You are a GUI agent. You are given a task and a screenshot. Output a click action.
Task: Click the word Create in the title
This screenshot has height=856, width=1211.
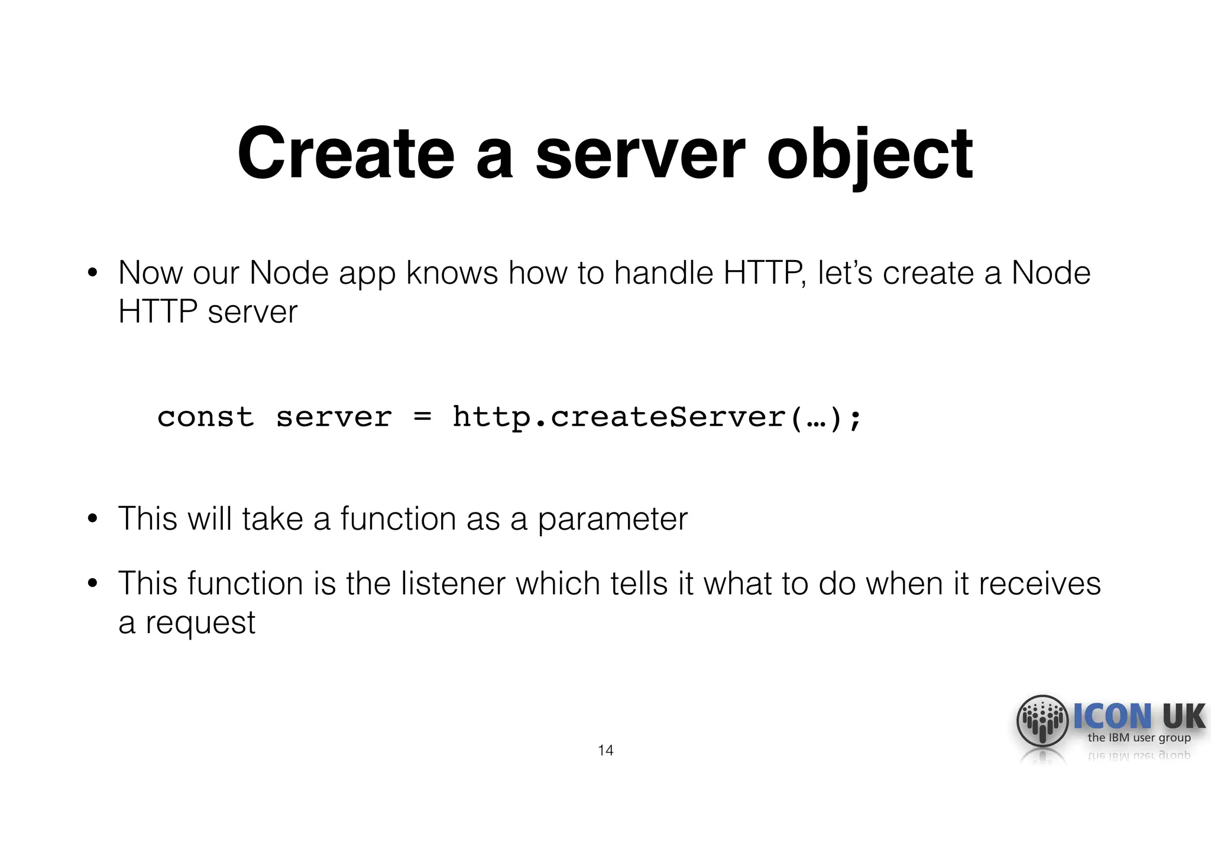click(x=347, y=154)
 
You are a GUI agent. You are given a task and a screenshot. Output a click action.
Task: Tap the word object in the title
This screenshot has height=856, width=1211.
click(x=869, y=155)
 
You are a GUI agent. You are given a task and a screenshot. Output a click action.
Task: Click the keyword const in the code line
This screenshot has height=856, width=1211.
click(x=205, y=417)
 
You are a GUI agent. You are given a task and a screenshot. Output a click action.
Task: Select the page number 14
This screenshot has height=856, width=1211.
click(x=605, y=750)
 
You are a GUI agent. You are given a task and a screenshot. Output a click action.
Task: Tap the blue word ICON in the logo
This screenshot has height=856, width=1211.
click(x=1112, y=716)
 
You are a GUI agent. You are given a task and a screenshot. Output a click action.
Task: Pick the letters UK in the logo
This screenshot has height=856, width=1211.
click(x=1183, y=716)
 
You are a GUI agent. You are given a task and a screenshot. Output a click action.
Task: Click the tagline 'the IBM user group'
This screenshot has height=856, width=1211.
click(x=1139, y=738)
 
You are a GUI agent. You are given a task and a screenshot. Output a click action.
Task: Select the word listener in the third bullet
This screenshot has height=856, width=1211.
click(x=453, y=583)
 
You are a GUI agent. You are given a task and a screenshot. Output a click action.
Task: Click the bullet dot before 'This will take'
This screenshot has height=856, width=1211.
click(x=92, y=518)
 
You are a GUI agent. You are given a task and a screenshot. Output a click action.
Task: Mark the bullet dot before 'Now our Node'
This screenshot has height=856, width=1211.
click(x=92, y=273)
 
